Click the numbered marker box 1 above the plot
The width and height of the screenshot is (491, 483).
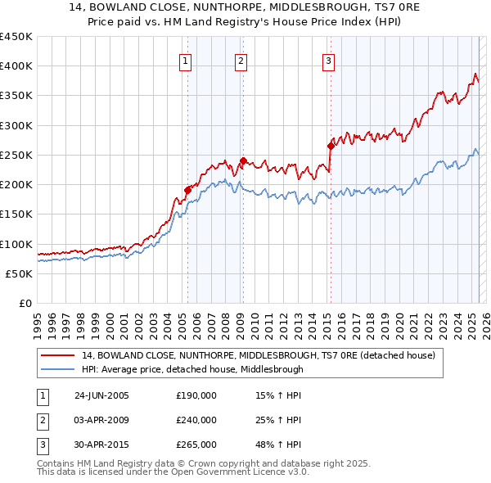coord(186,60)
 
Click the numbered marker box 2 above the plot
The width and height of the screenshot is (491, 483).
coord(241,60)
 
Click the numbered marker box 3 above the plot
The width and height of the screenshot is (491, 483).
coord(328,60)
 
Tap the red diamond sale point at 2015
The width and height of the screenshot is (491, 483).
coord(331,147)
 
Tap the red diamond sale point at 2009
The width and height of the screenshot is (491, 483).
coord(243,161)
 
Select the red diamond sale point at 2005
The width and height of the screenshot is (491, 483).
coord(188,190)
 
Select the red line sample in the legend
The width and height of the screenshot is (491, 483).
coord(58,356)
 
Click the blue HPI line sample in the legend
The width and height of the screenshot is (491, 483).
coord(58,369)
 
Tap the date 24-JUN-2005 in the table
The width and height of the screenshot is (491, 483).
coord(101,395)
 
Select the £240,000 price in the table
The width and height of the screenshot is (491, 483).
coord(196,420)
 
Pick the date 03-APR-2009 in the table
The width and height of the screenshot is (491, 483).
coord(101,420)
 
